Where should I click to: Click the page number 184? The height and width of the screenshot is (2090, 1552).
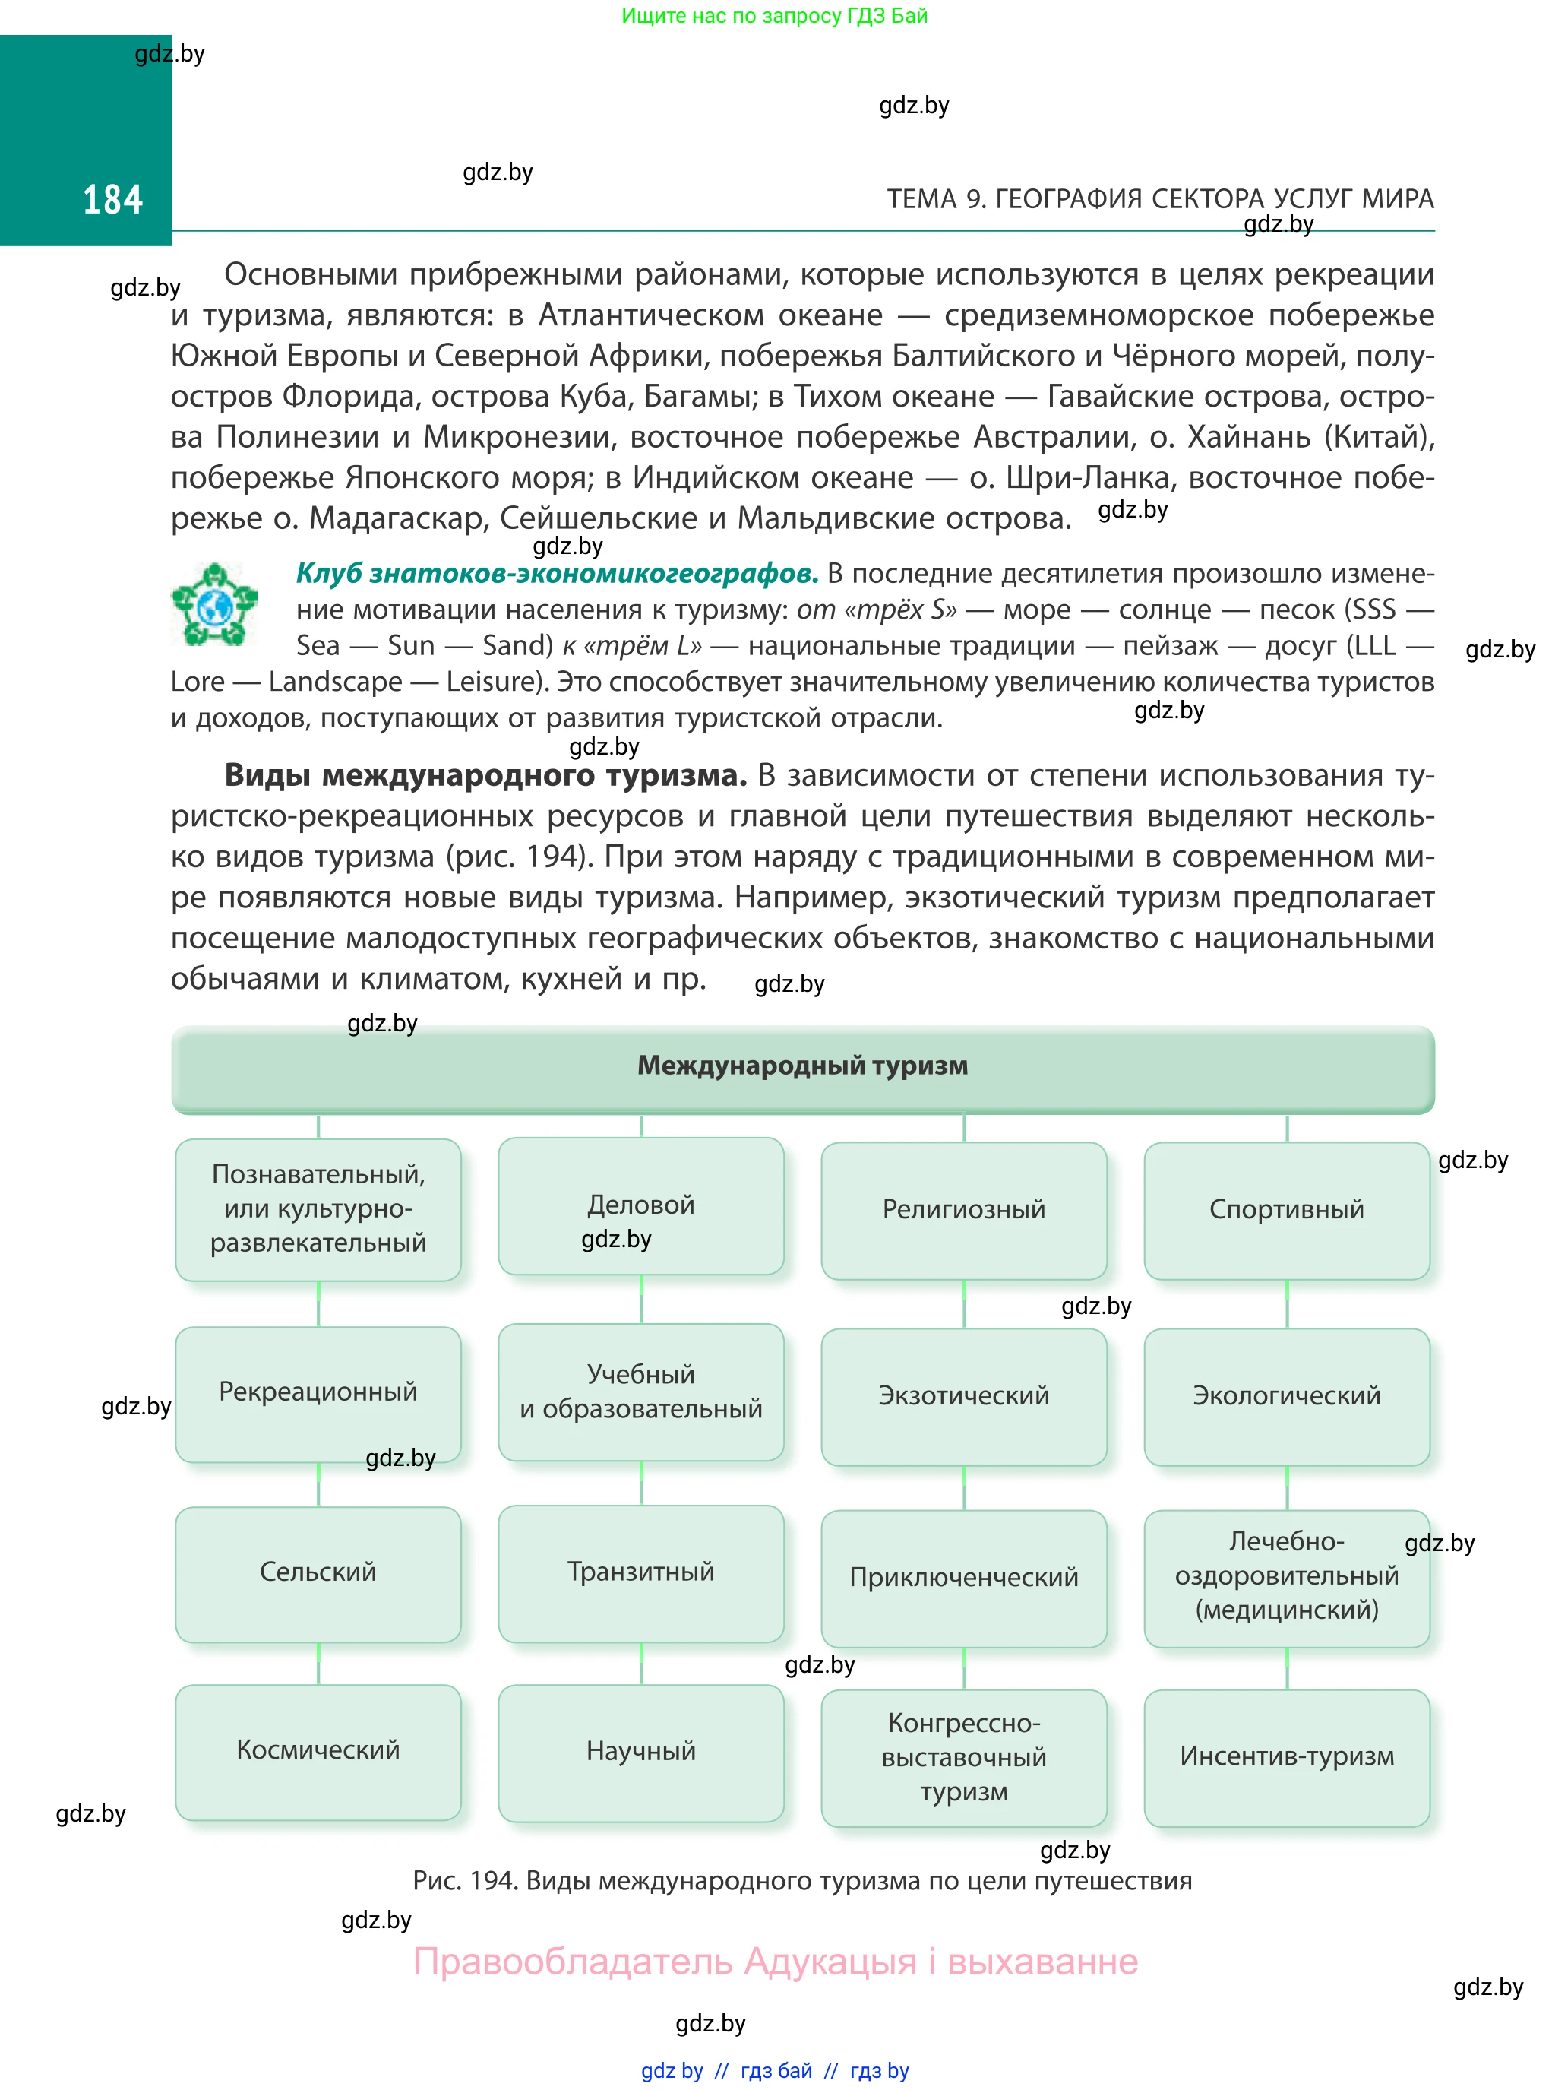coord(112,199)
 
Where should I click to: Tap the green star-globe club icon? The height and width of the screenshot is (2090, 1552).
coord(214,604)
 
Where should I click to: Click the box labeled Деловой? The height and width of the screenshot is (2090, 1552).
coord(640,1205)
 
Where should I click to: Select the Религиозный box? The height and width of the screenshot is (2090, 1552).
coord(964,1209)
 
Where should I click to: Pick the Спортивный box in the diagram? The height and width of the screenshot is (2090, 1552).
coord(1286,1209)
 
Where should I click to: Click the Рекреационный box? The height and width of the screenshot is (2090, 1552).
coord(318,1392)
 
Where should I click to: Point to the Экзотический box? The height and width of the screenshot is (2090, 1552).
coord(964,1395)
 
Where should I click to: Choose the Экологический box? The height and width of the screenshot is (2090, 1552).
coord(1286,1395)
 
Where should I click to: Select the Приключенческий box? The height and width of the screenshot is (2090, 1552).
coord(964,1578)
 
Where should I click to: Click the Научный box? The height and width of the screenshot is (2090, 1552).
coord(640,1752)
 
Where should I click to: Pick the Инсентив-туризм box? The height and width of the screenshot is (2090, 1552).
coord(1286,1756)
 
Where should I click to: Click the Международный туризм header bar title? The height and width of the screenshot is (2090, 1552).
coord(802,1066)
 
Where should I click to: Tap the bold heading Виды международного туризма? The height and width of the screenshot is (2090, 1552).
coord(485,775)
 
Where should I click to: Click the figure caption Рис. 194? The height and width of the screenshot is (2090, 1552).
coord(802,1880)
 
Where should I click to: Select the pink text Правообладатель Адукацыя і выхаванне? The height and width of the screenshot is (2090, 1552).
coord(776,1962)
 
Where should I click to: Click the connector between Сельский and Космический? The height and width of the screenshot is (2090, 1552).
coord(318,1664)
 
